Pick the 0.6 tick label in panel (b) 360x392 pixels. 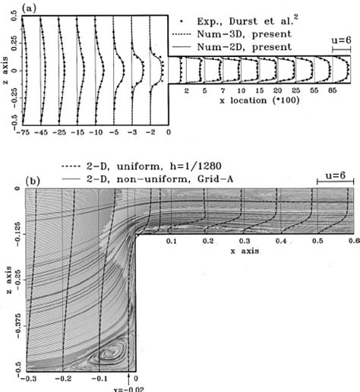pyautogui.click(x=350, y=239)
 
